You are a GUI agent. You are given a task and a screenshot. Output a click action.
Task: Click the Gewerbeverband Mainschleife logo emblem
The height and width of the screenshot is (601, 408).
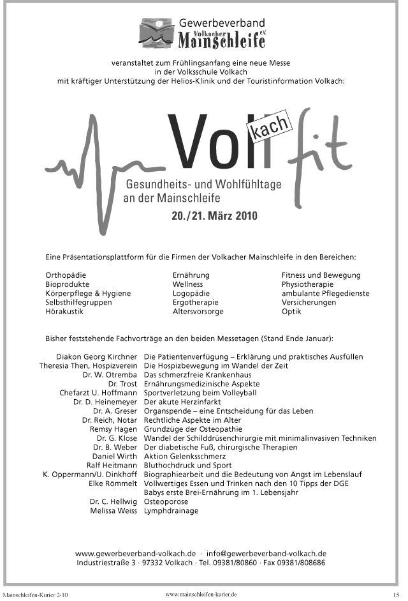pyautogui.click(x=157, y=33)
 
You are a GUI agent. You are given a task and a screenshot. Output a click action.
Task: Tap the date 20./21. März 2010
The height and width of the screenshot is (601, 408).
pyautogui.click(x=214, y=216)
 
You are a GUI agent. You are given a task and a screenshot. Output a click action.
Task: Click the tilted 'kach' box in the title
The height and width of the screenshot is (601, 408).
pyautogui.click(x=271, y=129)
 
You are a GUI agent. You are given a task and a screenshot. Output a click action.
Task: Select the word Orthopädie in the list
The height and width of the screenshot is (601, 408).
pyautogui.click(x=66, y=275)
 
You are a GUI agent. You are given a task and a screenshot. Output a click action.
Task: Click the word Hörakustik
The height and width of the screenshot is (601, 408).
pyautogui.click(x=64, y=312)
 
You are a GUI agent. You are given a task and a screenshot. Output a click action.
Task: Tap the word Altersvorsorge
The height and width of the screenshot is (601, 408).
pyautogui.click(x=198, y=312)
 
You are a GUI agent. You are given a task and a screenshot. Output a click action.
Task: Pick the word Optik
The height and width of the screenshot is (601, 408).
pyautogui.click(x=291, y=312)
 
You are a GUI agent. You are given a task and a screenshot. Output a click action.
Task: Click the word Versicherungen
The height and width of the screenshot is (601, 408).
pyautogui.click(x=309, y=303)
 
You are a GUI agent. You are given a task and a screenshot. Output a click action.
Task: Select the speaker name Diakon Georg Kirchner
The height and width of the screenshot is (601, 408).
pyautogui.click(x=97, y=356)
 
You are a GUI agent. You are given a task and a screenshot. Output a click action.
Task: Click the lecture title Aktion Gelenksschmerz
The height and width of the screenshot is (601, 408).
pyautogui.click(x=184, y=457)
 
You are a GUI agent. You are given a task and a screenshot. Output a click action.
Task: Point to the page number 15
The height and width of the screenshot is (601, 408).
pyautogui.click(x=395, y=595)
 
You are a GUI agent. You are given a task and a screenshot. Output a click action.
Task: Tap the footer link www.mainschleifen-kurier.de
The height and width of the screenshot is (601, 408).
pyautogui.click(x=201, y=594)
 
